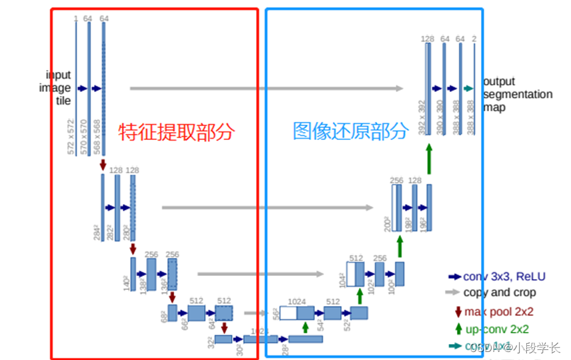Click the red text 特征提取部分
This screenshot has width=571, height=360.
point(177,132)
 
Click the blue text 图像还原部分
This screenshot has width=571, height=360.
point(350,131)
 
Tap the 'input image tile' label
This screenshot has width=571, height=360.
point(58,88)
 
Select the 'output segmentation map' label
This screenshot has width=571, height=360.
point(517,94)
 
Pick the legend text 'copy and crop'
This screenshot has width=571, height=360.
point(500,292)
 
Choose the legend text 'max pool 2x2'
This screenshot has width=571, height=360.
point(499,311)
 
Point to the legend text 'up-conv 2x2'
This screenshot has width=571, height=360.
point(497,329)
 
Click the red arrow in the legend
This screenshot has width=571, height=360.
point(458,311)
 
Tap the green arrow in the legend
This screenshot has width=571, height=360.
point(458,328)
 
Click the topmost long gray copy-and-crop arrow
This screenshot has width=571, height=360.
point(267,88)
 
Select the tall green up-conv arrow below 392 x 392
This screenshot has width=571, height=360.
point(429,161)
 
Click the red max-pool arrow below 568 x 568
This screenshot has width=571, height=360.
point(103,165)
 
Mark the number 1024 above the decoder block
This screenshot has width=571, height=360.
point(297,301)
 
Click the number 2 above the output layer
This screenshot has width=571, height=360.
point(474,39)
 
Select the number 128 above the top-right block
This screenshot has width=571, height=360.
point(428,39)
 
